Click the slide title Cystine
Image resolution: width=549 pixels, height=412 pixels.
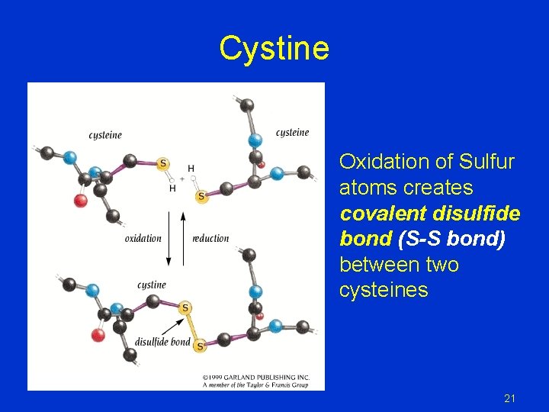[x=274, y=49]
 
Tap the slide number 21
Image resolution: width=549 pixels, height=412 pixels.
[x=510, y=398]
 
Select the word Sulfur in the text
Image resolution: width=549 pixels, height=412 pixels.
[x=487, y=162]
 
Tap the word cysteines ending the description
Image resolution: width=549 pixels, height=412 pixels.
[x=384, y=291]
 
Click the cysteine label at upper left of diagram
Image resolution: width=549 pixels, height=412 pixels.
[x=105, y=135]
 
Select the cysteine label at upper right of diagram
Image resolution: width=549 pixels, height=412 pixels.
[x=293, y=132]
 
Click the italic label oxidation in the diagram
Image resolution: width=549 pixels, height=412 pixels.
[x=143, y=238]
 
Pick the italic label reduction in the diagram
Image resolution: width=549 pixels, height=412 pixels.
[x=210, y=238]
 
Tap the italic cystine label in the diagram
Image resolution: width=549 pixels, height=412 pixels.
[x=151, y=285]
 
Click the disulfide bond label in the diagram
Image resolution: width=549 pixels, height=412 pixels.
[x=162, y=341]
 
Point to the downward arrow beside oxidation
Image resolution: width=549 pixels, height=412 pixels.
[x=169, y=239]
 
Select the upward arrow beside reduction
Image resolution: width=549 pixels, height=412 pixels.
[x=184, y=237]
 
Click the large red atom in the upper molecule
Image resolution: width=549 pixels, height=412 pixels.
[x=79, y=201]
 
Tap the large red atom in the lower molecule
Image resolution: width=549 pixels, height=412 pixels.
[x=98, y=335]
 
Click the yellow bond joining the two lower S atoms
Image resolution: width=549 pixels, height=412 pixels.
[x=192, y=327]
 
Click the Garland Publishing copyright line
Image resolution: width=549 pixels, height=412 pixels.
[x=255, y=377]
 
